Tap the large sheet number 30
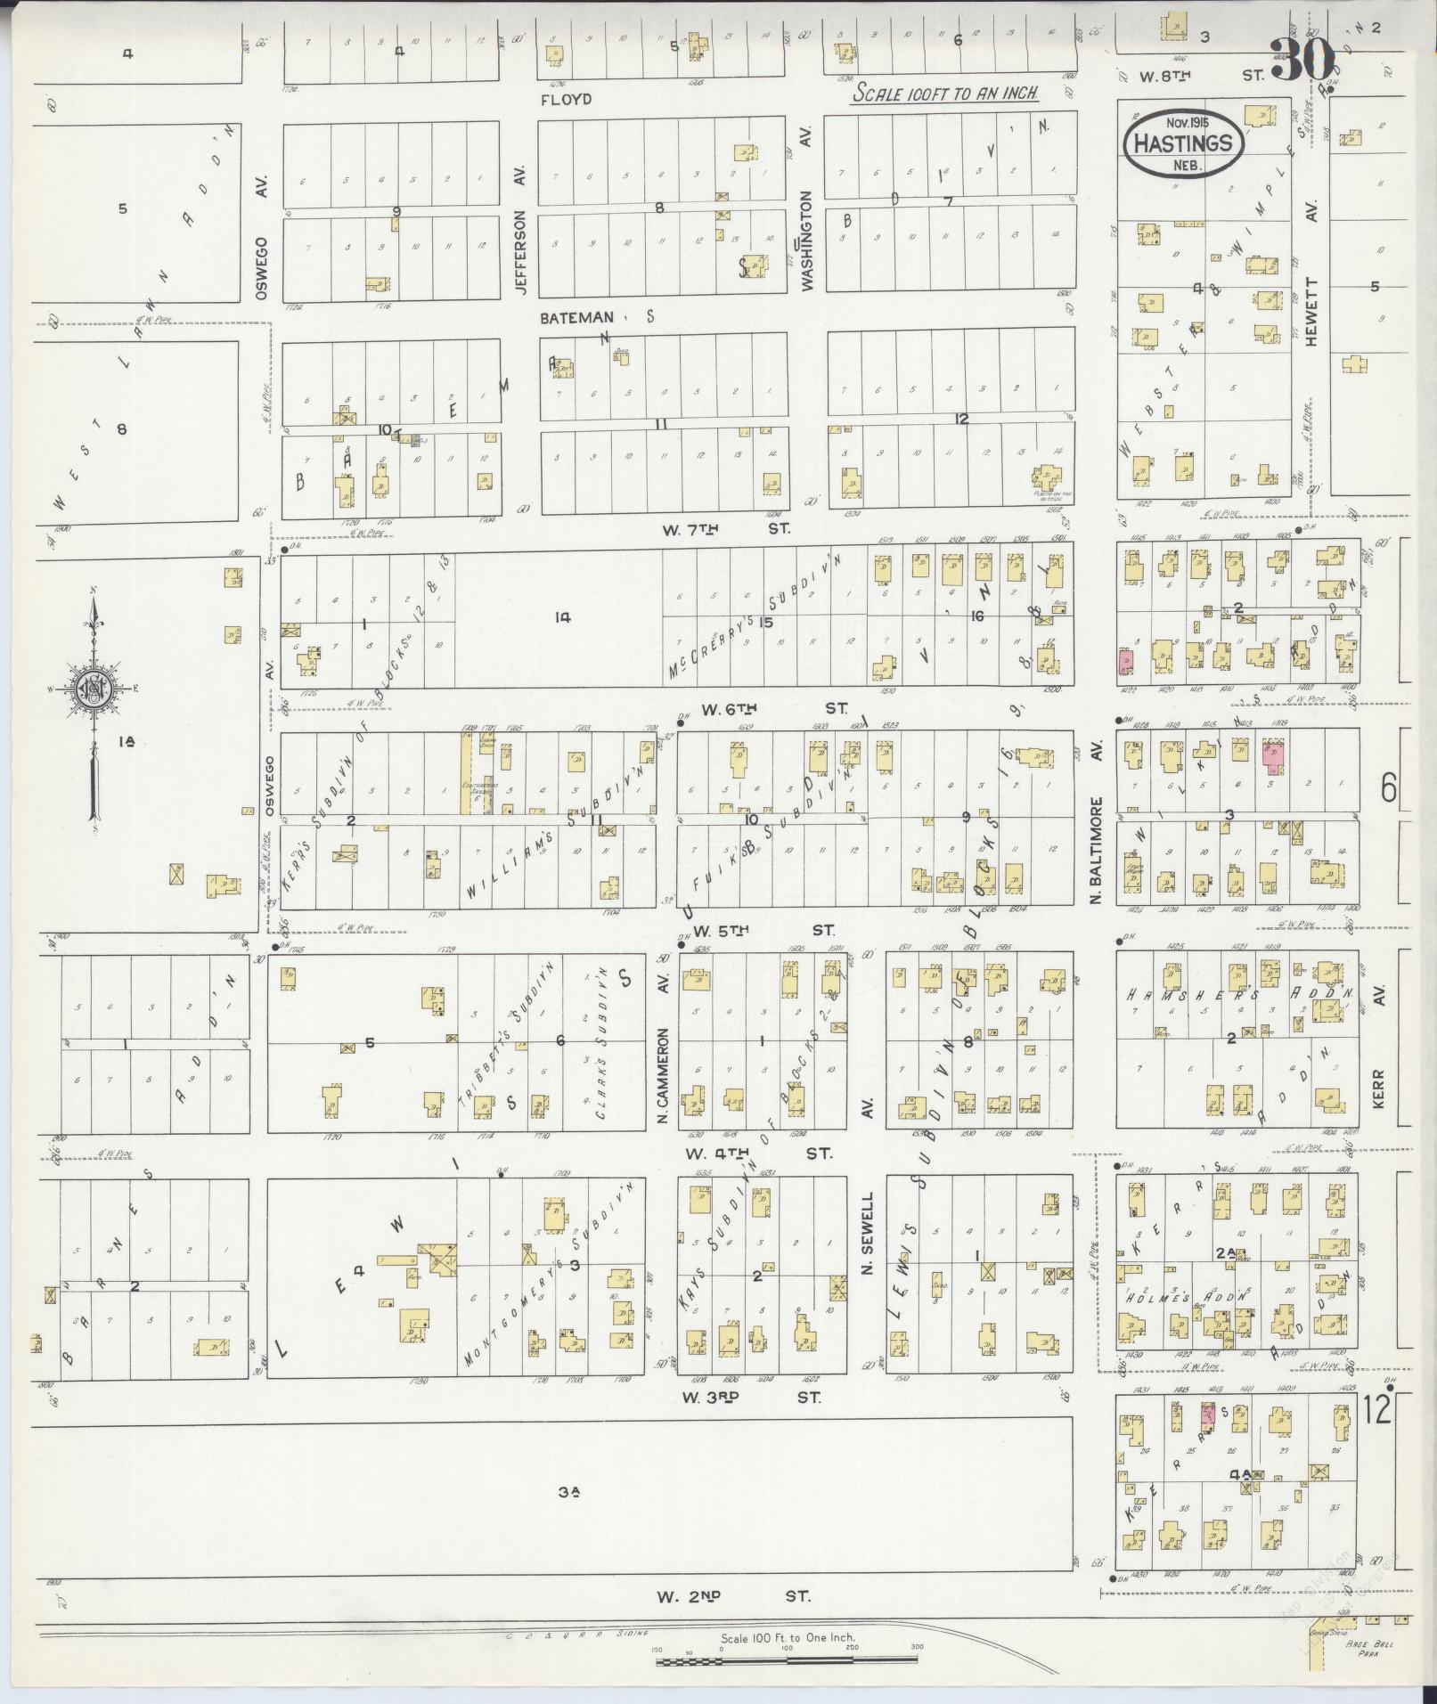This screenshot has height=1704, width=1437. point(1302,61)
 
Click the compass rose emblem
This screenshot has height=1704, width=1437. point(93,687)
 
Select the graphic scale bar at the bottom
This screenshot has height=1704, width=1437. point(788,1659)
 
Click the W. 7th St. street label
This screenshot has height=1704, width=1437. point(725,529)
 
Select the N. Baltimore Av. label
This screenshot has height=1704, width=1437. point(1098,825)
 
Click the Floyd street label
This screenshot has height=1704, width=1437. point(566,100)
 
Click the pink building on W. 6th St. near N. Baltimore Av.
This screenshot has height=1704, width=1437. point(1125,662)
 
